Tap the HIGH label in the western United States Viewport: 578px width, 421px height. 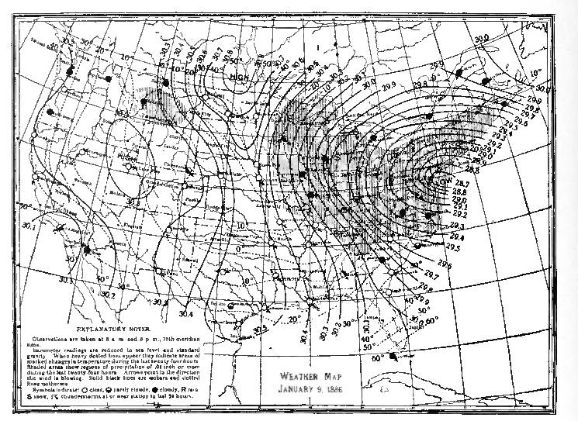click(126, 158)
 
